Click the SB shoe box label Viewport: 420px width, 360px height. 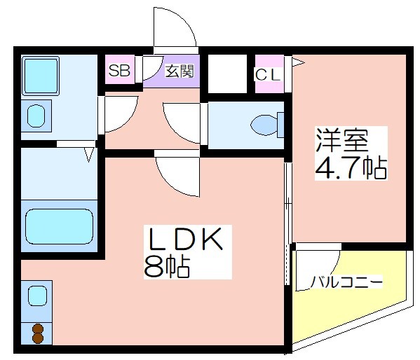pyautogui.click(x=119, y=71)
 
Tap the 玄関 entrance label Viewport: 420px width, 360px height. pyautogui.click(x=179, y=71)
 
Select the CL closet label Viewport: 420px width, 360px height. pyautogui.click(x=268, y=75)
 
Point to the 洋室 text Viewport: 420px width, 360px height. pyautogui.click(x=342, y=140)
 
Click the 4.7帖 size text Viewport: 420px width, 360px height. pyautogui.click(x=351, y=167)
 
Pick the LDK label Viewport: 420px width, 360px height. pyautogui.click(x=185, y=239)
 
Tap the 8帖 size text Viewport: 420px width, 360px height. pyautogui.click(x=167, y=267)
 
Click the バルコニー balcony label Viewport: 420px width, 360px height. pyautogui.click(x=346, y=282)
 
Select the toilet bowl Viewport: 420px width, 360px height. pyautogui.click(x=267, y=125)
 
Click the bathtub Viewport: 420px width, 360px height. pyautogui.click(x=59, y=226)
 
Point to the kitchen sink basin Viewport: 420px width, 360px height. pyautogui.click(x=37, y=296)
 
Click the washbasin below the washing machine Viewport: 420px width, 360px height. pyautogui.click(x=36, y=116)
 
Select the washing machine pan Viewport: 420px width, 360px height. pyautogui.click(x=41, y=76)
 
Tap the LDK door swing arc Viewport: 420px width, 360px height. pyautogui.click(x=169, y=185)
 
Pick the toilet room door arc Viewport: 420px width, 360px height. pyautogui.click(x=174, y=130)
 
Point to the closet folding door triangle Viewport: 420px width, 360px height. pyautogui.click(x=298, y=63)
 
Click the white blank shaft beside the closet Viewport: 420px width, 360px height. pyautogui.click(x=227, y=74)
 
